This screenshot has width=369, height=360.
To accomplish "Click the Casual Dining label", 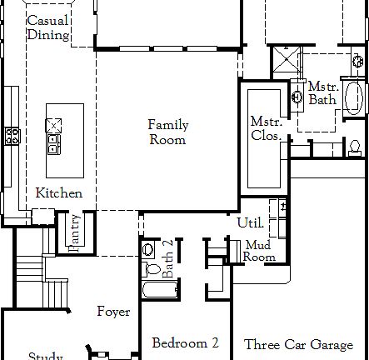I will (x=48, y=27).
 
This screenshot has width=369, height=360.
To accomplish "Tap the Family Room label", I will (x=168, y=132).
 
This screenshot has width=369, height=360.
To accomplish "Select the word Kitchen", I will (x=58, y=193).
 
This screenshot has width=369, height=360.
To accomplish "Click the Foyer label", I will (x=113, y=312).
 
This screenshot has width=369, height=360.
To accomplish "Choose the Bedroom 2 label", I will (x=185, y=342).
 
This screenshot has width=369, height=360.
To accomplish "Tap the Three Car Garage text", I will (x=298, y=343).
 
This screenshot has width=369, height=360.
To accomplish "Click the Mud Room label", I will (x=259, y=252).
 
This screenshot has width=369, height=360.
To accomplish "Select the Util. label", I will (x=251, y=223).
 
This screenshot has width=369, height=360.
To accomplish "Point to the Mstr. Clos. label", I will (x=266, y=128).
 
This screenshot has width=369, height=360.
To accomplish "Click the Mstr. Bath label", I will (x=322, y=93).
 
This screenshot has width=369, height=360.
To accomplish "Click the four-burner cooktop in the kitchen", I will (x=12, y=137).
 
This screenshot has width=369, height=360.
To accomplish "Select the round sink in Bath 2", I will (x=149, y=249).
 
